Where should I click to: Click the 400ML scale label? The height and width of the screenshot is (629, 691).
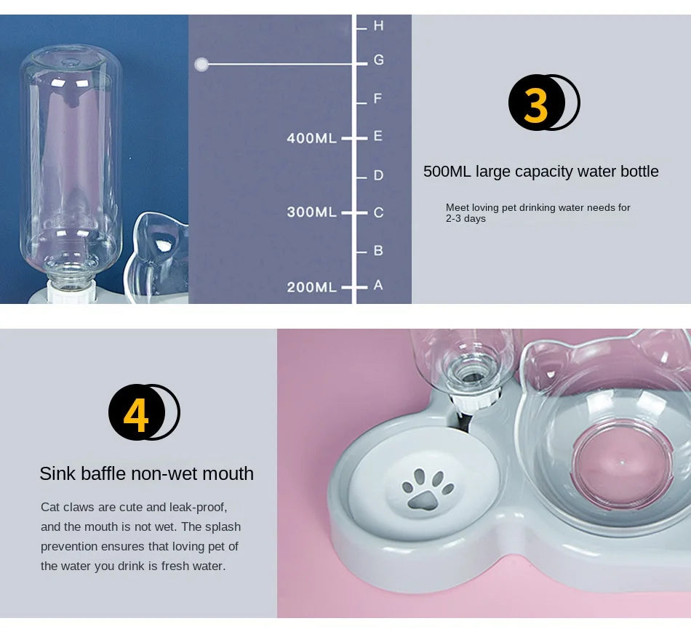[x=311, y=138]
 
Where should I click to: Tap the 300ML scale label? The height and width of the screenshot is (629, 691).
[x=311, y=212]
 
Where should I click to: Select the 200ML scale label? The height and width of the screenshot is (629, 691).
[x=311, y=287]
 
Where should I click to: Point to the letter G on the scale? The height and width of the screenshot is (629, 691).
[x=378, y=60]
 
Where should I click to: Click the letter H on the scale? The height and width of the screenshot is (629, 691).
[x=378, y=25]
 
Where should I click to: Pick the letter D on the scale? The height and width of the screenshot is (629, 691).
[x=378, y=175]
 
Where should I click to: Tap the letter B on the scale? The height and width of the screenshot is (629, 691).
[x=378, y=250]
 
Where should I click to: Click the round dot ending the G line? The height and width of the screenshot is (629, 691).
[x=201, y=65]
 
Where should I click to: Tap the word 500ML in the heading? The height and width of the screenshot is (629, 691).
[x=447, y=172]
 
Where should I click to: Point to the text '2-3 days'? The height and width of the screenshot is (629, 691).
[x=466, y=219]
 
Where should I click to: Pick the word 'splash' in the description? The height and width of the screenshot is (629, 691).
[x=223, y=526]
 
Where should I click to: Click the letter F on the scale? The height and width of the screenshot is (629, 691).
[x=378, y=98]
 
